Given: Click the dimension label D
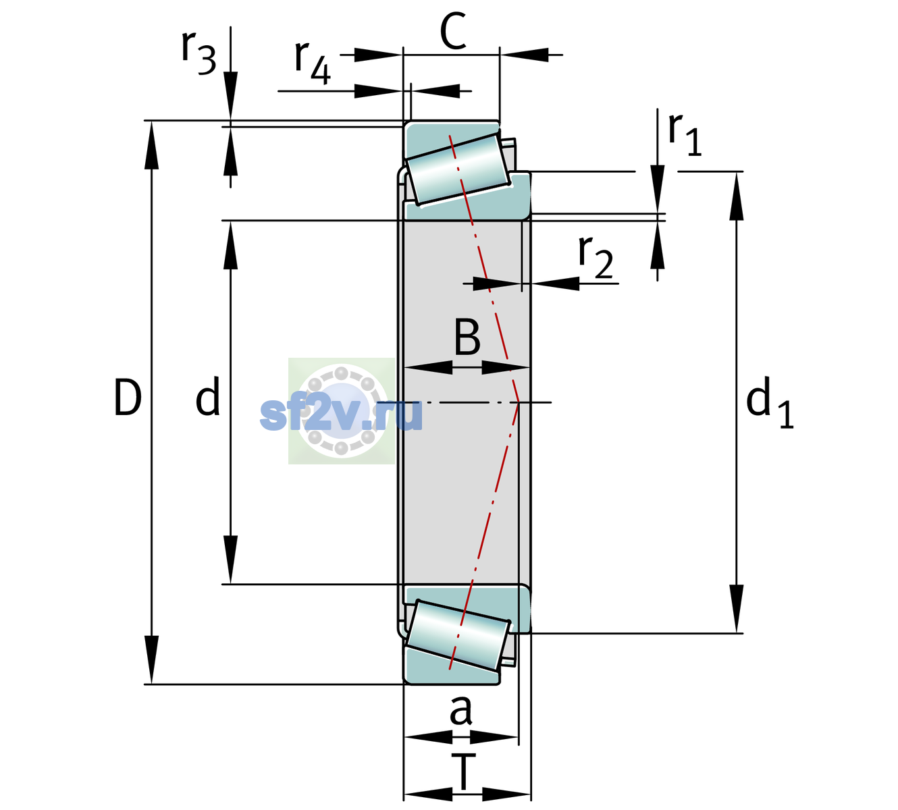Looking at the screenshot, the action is pos(128,398).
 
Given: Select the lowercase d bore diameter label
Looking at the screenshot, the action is pos(208,396).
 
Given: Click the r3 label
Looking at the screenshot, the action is pos(199,53).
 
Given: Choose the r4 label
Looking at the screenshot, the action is pos(313,63).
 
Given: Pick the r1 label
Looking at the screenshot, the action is pos(685,135).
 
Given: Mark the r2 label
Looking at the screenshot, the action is pos(596,257).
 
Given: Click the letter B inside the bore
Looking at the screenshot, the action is pos(467,337).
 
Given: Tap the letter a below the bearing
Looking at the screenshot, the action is pos(460,710).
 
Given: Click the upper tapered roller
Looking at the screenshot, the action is pos(458,169).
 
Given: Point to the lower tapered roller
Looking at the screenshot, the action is pos(458,636).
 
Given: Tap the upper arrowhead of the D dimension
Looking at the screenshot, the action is pos(151,145).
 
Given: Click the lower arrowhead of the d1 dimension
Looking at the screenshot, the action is pos(737,609).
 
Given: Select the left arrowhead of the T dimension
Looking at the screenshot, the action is pos(428,795).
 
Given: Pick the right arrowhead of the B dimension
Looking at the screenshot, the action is pos(506,368).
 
